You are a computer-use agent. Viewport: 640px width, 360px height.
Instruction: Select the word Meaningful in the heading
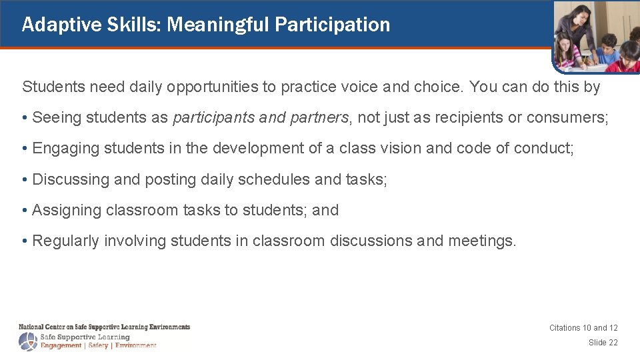click(218, 25)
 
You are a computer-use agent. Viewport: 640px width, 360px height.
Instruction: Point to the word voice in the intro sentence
click(397, 87)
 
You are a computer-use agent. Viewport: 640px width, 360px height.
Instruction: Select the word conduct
click(549, 149)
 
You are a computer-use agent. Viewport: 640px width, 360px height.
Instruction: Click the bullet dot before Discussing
click(25, 180)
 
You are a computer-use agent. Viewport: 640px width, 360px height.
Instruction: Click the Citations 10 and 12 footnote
click(583, 328)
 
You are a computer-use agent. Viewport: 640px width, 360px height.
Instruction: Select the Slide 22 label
click(603, 343)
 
